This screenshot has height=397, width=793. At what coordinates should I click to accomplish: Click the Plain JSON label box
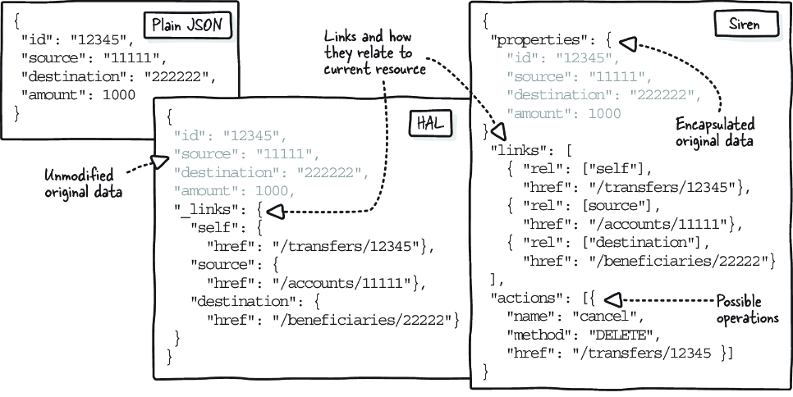click(x=188, y=25)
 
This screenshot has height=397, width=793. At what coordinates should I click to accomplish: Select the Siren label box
click(x=744, y=24)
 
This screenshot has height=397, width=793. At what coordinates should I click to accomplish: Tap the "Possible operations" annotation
click(x=746, y=309)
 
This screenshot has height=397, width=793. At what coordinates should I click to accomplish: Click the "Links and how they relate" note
click(x=375, y=52)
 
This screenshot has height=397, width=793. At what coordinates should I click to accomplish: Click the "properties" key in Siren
click(x=538, y=40)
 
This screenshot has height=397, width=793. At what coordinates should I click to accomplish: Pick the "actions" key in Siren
click(x=529, y=299)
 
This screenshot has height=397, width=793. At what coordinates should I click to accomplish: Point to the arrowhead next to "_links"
click(x=276, y=212)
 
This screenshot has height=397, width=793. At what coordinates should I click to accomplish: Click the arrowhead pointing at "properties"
click(x=628, y=44)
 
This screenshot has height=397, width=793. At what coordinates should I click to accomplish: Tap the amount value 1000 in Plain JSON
click(x=119, y=94)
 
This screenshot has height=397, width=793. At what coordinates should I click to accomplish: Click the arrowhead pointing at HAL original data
click(x=160, y=162)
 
